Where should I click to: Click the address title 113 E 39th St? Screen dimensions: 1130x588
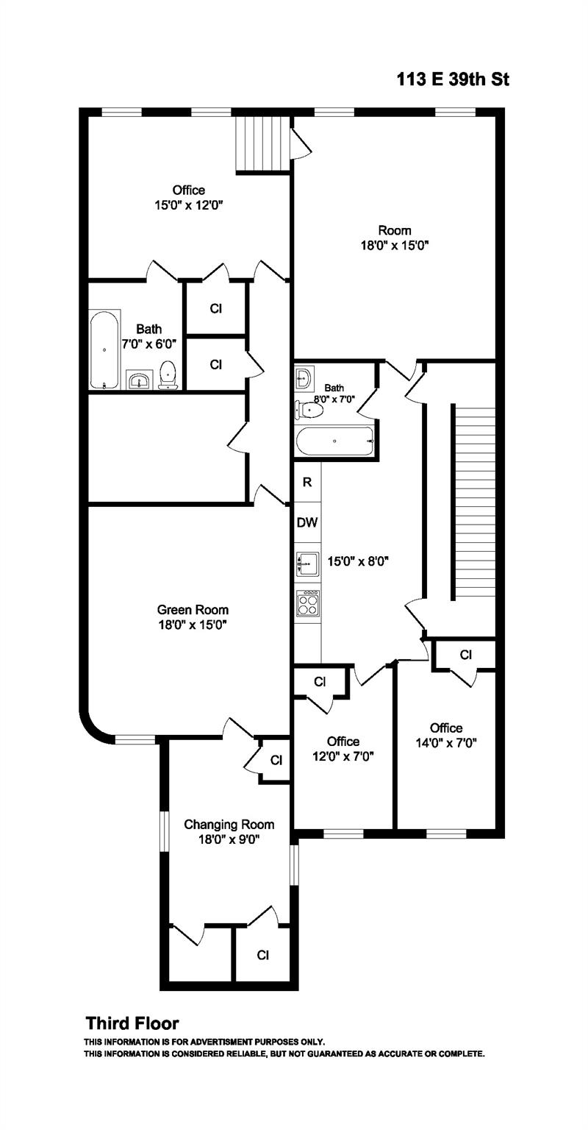453,79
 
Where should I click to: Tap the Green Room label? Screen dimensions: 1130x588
193,610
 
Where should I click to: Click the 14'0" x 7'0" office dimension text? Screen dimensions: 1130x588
446,743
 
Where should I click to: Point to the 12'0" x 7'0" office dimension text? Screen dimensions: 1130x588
343,756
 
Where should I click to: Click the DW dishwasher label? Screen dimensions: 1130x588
306,523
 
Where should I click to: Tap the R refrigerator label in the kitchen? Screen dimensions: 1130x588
307,483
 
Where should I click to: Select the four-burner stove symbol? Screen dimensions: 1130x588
307,603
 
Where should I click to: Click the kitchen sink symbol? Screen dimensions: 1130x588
306,564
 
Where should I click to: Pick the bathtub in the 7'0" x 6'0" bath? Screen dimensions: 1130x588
104,351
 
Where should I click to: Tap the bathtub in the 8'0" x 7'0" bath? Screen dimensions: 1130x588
335,441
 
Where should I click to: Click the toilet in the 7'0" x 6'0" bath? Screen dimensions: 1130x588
169,373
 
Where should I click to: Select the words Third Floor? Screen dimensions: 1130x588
132,1023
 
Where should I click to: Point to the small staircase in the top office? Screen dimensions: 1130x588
262,144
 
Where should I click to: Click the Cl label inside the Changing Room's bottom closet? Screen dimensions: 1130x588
262,955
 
